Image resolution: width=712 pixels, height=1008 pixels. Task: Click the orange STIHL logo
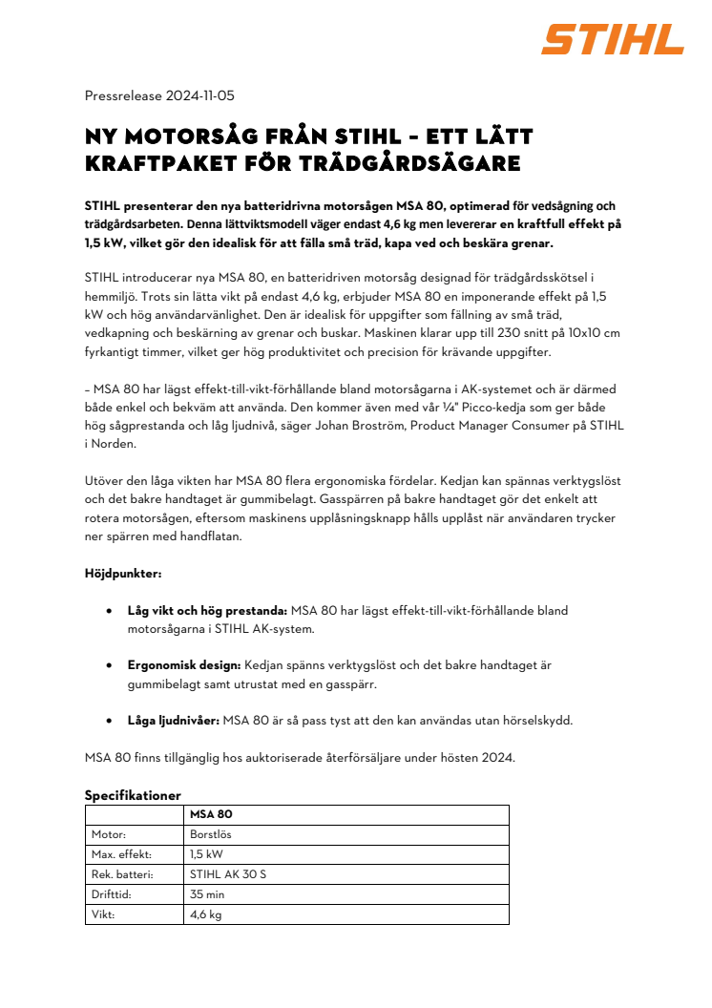tap(613, 39)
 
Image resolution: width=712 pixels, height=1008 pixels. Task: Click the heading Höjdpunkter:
tap(122, 576)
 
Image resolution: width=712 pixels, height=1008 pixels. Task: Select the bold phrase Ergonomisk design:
tap(183, 664)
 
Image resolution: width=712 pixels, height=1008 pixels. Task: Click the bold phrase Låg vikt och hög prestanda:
tap(207, 610)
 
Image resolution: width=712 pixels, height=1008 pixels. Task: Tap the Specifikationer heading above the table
tap(133, 795)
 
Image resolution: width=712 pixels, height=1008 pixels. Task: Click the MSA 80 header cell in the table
tap(211, 814)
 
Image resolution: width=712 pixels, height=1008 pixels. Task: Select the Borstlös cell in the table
tap(211, 834)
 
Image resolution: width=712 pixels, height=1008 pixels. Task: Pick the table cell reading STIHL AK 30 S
tap(228, 874)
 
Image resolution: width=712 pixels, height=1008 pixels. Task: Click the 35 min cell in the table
tap(207, 894)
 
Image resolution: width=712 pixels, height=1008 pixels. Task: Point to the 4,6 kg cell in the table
tap(206, 914)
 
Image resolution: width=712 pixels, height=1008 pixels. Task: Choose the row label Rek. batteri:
tap(125, 874)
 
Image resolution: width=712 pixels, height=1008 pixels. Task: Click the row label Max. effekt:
tap(121, 854)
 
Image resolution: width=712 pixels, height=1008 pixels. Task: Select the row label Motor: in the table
tap(110, 834)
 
